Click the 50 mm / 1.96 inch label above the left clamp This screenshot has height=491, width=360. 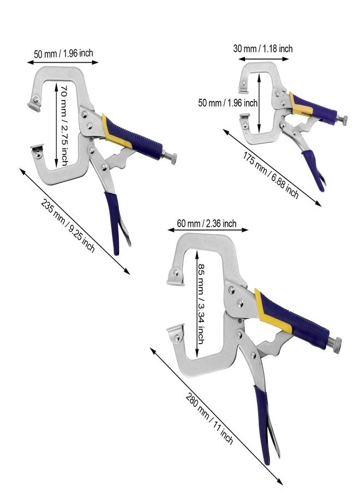point(64,53)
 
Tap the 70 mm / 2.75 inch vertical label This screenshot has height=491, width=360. point(64,125)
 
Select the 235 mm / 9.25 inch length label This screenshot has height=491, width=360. point(68,225)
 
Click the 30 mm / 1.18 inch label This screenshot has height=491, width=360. point(263,49)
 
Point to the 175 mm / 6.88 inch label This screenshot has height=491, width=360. point(271,175)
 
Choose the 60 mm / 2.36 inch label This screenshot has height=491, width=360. point(207,224)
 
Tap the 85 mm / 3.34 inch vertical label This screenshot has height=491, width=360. point(201,303)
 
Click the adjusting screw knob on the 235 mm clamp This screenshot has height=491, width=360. point(171,158)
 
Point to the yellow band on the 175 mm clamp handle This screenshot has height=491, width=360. point(300,105)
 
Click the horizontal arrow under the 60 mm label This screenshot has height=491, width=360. point(208,230)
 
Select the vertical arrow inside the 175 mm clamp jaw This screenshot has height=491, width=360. point(259,103)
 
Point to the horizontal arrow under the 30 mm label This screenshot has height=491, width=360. point(263,59)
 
